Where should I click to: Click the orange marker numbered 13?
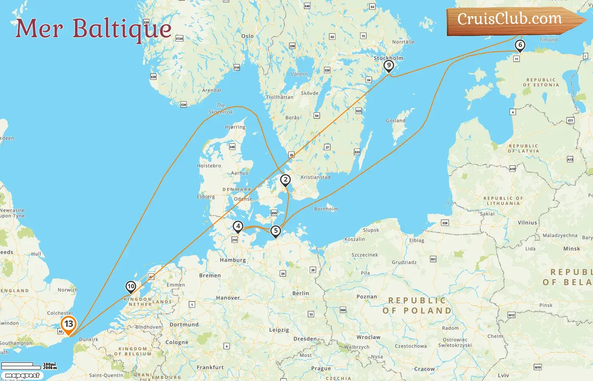pos(69,324)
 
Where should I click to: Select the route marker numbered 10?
pos(131,287)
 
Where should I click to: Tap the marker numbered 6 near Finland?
pos(520,45)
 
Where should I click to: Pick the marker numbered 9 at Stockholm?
pos(388,65)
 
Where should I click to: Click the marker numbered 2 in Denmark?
pos(285,180)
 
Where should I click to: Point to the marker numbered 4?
pos(238,226)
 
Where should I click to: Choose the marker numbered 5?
pos(276,231)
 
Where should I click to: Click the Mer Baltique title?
pos(93,28)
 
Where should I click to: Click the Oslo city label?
pos(247,36)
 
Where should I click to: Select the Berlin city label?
pos(301,293)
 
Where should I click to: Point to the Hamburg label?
pos(233,260)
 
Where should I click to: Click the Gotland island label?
pos(396,121)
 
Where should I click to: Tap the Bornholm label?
pos(326,209)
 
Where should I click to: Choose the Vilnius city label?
pos(527,223)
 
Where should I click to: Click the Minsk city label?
pos(572,248)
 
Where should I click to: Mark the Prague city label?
pos(321,368)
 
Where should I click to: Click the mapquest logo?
pos(22,375)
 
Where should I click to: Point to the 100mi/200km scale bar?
pos(29,365)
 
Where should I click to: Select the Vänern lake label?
pos(299,74)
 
